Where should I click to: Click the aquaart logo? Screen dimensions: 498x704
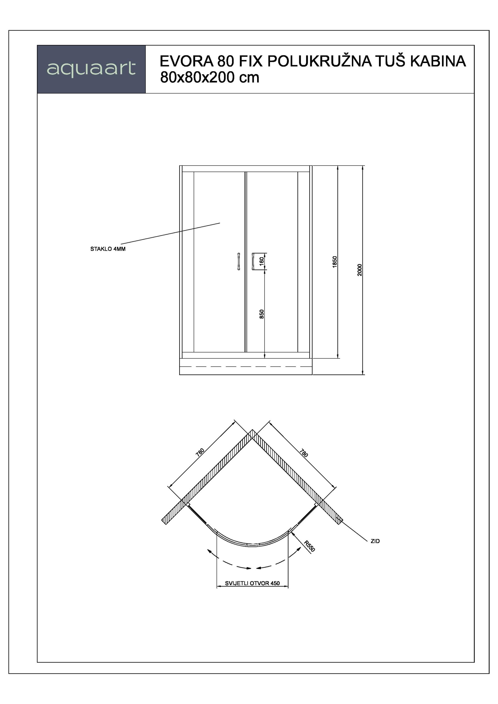[91, 69]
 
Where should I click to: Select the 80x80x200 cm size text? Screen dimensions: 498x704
[210, 78]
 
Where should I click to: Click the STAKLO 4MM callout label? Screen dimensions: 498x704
[108, 249]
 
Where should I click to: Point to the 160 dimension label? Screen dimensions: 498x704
[262, 261]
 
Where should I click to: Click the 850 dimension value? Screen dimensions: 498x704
[262, 314]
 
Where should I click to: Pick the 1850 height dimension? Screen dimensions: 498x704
[335, 262]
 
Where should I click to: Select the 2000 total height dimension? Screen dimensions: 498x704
[360, 270]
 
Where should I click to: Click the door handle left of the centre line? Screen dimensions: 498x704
[239, 261]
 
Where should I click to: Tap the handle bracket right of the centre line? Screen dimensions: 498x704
[255, 261]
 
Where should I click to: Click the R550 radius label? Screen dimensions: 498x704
[309, 546]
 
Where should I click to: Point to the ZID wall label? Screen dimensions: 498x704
[375, 541]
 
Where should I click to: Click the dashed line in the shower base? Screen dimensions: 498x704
[246, 366]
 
